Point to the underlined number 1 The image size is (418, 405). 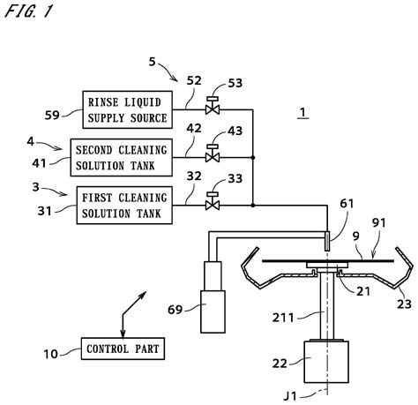302,113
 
